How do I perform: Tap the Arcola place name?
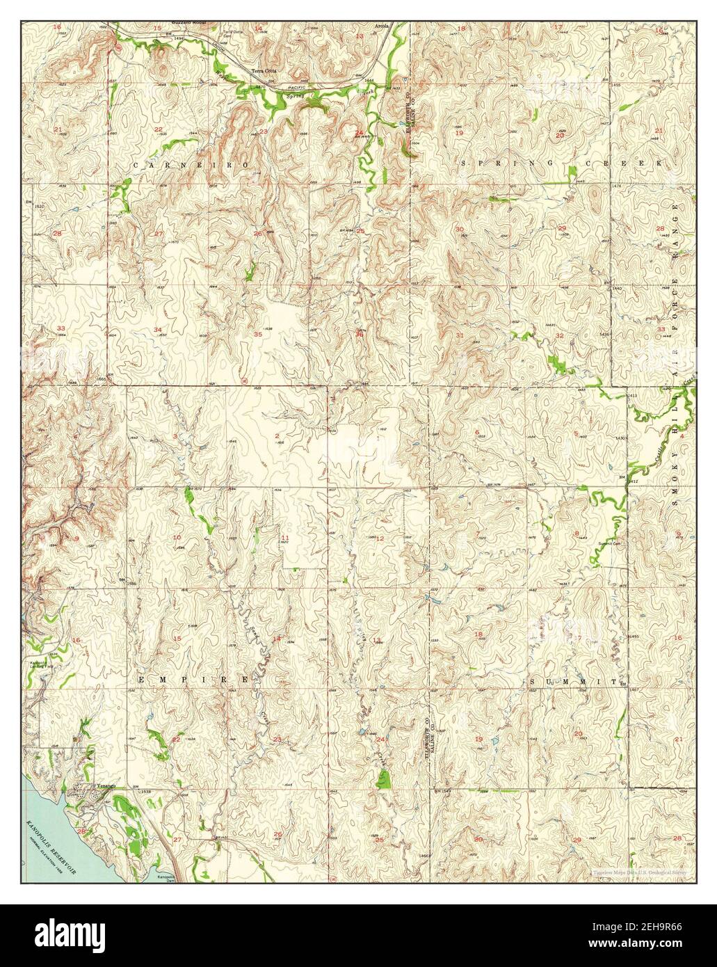382,26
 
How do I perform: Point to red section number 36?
359,334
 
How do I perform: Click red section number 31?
460,335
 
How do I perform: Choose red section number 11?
285,537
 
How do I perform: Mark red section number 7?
477,534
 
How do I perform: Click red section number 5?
576,434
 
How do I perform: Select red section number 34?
159,330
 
